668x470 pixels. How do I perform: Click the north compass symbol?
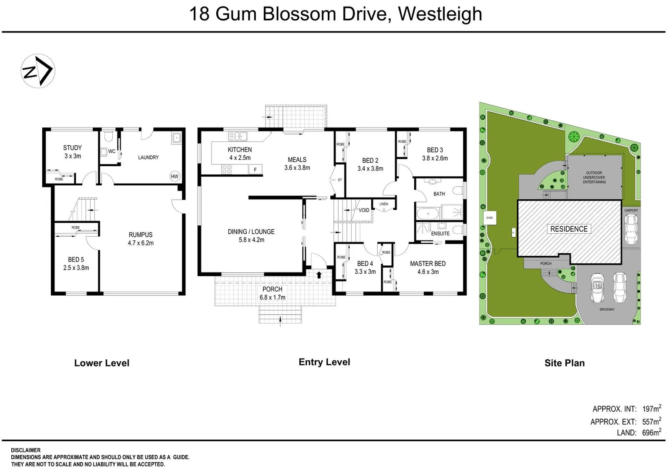tap(38, 71)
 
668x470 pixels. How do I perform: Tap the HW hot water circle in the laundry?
tap(175, 176)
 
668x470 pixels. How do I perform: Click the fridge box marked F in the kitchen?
tap(255, 170)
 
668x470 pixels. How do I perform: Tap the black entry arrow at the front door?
tap(319, 275)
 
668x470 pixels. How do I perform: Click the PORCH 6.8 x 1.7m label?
tap(272, 293)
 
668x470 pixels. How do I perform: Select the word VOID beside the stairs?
tap(364, 210)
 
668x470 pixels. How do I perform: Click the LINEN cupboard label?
tap(383, 204)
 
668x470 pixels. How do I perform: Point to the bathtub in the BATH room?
tap(428, 213)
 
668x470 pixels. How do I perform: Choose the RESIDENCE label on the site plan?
tap(568, 229)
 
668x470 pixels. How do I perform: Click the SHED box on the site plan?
tap(489, 218)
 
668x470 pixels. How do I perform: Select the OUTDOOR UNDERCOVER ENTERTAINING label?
tap(594, 178)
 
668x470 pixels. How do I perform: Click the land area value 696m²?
tap(651, 433)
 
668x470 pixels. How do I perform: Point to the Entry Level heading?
tap(324, 362)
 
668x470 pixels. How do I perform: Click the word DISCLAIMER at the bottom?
tap(26, 450)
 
